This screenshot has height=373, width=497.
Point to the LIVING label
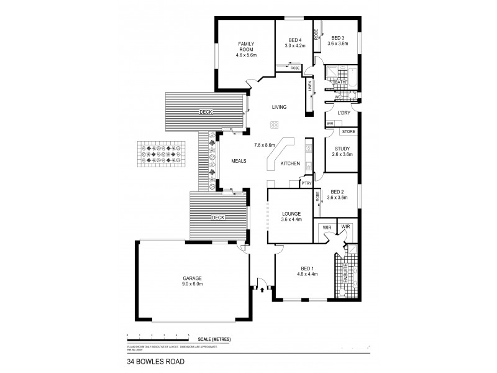pyautogui.click(x=279, y=108)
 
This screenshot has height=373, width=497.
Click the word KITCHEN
pyautogui.click(x=290, y=163)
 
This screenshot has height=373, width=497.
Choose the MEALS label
pyautogui.click(x=239, y=160)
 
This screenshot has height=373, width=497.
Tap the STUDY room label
pyautogui.click(x=342, y=149)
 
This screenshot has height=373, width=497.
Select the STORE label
pyautogui.click(x=349, y=132)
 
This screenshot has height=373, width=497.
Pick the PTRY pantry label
pyautogui.click(x=306, y=183)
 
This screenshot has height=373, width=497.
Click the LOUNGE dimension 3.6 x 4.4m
pyautogui.click(x=291, y=219)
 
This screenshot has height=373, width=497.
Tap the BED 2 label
pyautogui.click(x=338, y=192)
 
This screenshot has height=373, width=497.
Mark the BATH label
pyautogui.click(x=340, y=82)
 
